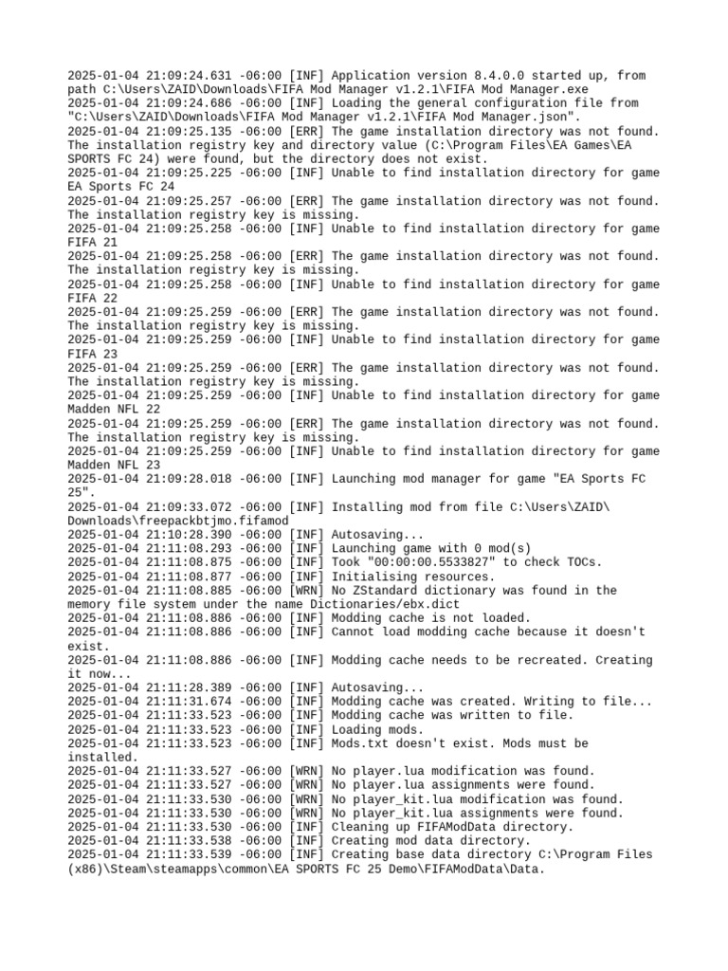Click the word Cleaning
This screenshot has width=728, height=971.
point(359,827)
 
